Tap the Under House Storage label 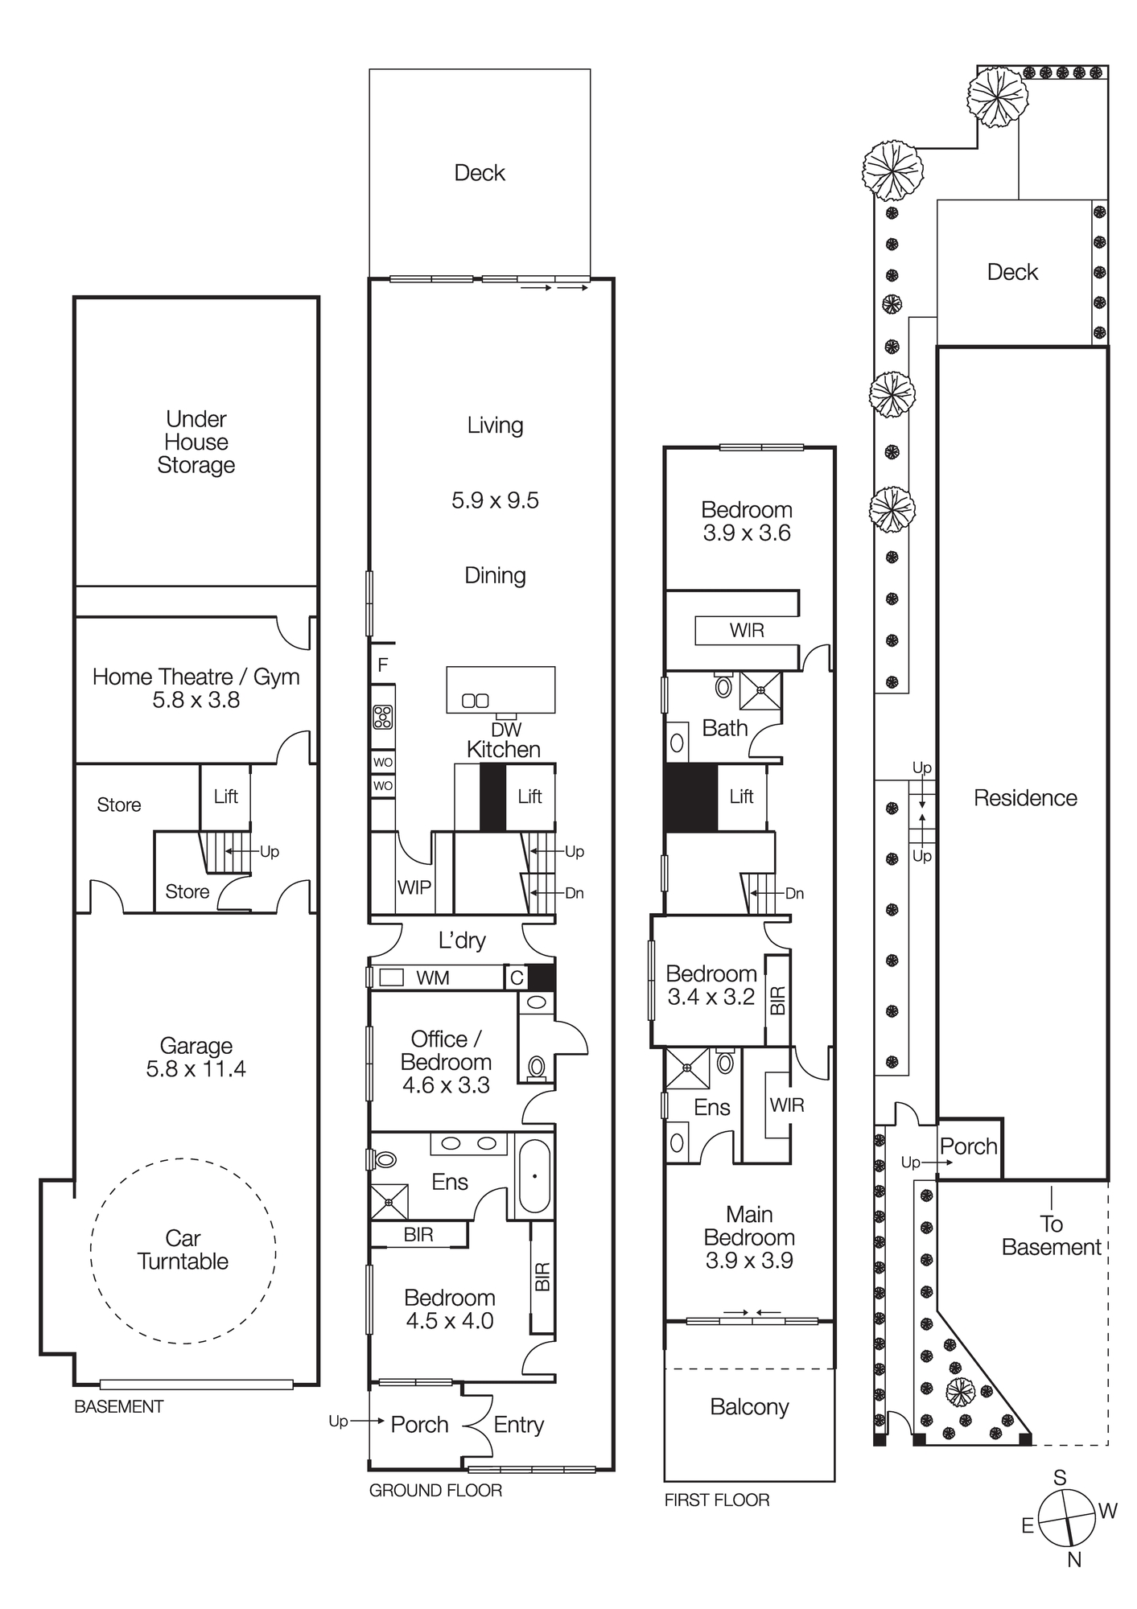pos(196,442)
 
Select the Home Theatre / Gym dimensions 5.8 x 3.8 pos(196,700)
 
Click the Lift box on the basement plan pos(225,796)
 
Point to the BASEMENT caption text pos(118,1406)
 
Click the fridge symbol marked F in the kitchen pos(383,665)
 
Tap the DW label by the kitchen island pos(506,730)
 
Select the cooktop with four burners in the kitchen pos(383,716)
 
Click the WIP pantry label pos(414,887)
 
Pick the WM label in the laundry pos(433,978)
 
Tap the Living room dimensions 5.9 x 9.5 pos(495,500)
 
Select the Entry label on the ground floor pos(519,1425)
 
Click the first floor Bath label pos(725,728)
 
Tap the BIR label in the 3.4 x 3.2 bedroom pos(778,1000)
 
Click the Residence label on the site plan pos(1025,798)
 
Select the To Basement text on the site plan pos(1051,1236)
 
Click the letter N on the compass pos(1074,1559)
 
